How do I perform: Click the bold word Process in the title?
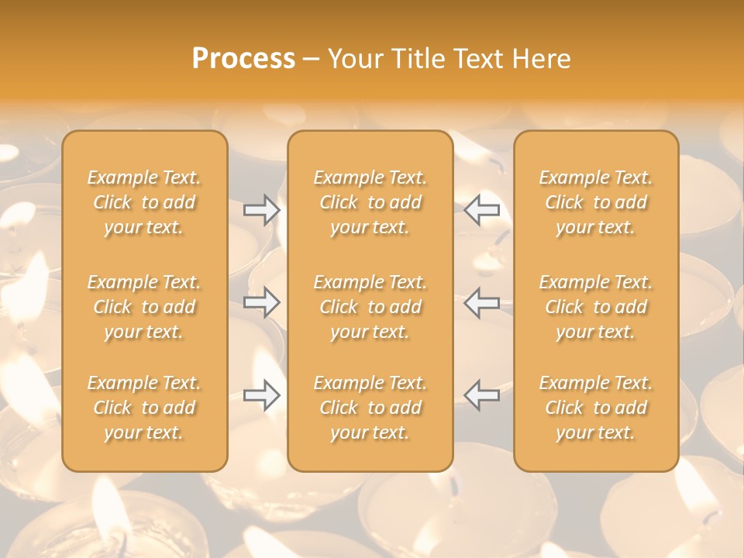(243, 59)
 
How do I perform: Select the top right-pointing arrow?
(262, 210)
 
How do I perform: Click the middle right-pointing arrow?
(262, 302)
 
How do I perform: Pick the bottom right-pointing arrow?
(262, 395)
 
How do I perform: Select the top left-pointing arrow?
(482, 210)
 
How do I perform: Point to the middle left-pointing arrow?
(482, 302)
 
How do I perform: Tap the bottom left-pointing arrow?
(482, 395)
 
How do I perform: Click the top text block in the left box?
(144, 202)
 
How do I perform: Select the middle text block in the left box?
(144, 307)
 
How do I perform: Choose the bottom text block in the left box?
(144, 408)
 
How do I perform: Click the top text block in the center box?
(370, 202)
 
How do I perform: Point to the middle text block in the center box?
(370, 307)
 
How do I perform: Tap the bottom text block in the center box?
(370, 408)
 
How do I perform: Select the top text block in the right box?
(596, 202)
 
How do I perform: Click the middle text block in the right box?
(596, 307)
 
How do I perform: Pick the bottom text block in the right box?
(596, 408)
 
